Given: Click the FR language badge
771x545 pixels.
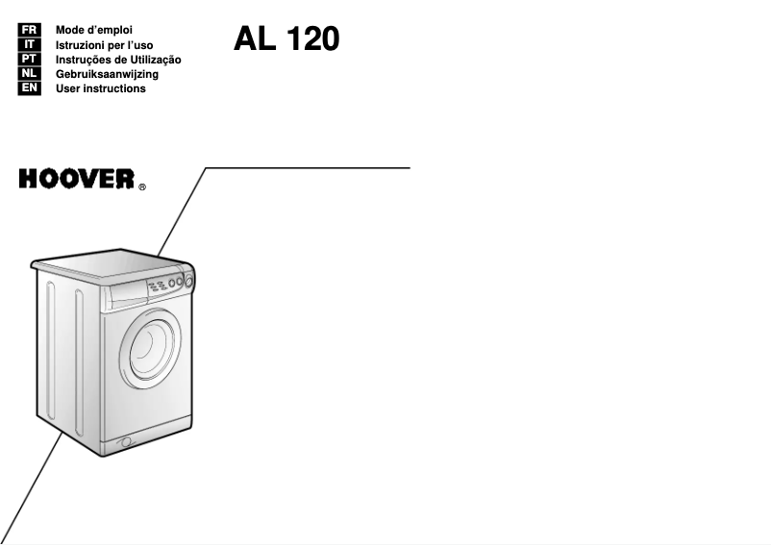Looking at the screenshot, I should coord(29,31).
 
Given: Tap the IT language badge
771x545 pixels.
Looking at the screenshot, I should coord(29,45).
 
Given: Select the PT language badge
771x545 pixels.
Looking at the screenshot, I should coord(29,60).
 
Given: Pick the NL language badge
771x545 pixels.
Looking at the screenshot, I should coord(29,74).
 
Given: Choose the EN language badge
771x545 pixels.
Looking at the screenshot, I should coord(29,88).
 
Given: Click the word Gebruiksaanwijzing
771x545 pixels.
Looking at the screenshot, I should coord(107,74).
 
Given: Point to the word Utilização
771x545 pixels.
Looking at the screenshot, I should coord(153,60).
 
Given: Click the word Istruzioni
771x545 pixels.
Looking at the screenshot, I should coord(84,45).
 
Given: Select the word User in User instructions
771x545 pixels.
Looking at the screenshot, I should coord(69,88).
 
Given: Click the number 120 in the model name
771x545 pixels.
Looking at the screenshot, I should coord(308,39).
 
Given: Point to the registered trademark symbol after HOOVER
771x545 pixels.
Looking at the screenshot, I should coord(143,186).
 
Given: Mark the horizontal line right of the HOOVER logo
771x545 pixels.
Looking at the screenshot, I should coord(308,167).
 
